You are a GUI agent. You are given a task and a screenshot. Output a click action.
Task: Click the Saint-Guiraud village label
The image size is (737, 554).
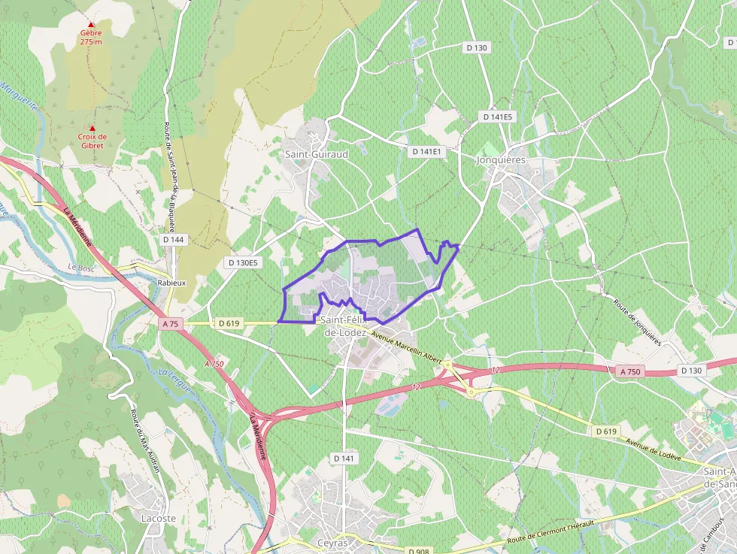(x=316, y=154)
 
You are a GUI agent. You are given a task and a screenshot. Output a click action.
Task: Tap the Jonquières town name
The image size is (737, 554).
(x=501, y=160)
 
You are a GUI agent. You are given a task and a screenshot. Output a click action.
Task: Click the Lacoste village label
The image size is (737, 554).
(x=158, y=519)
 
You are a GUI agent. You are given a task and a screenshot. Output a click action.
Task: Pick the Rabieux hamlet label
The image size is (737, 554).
(x=171, y=283)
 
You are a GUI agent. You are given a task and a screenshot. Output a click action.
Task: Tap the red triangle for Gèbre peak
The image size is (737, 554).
(x=91, y=25)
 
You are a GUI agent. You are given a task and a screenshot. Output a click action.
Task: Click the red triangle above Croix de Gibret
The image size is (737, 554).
(x=93, y=128)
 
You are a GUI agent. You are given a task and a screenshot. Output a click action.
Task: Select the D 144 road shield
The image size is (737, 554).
(x=173, y=240)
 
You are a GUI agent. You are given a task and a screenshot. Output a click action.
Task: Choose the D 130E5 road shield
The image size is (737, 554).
(x=243, y=262)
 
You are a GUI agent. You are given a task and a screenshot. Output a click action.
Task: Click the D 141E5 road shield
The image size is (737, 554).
(x=497, y=117)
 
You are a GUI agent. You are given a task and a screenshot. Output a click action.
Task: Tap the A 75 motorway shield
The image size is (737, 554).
(x=171, y=324)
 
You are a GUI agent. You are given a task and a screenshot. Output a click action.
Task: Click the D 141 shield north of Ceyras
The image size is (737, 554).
(x=343, y=459)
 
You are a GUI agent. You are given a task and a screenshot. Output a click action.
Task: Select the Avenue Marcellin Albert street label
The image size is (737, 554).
(x=406, y=346)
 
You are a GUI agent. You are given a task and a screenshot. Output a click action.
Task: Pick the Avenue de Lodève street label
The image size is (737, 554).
(x=654, y=447)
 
